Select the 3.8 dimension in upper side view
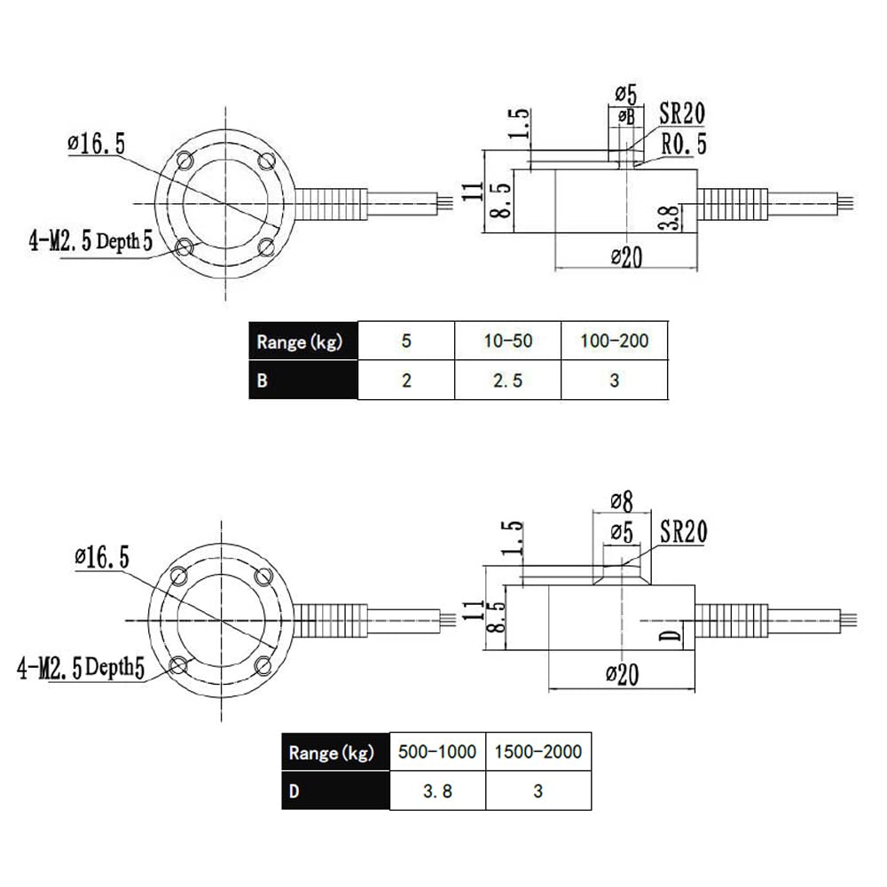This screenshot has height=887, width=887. coord(673,216)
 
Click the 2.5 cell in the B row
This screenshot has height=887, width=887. coord(507,381)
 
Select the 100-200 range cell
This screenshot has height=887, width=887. coord(614,341)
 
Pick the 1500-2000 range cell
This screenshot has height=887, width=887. coord(538,752)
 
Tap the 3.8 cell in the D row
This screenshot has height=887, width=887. coord(437,791)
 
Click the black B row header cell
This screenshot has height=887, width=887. coord(302,381)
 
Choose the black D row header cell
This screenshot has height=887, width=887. coord(336,791)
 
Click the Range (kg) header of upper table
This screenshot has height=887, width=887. coord(302,341)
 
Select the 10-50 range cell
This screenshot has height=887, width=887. coord(507,341)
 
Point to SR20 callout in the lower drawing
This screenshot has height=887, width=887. coord(683,532)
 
